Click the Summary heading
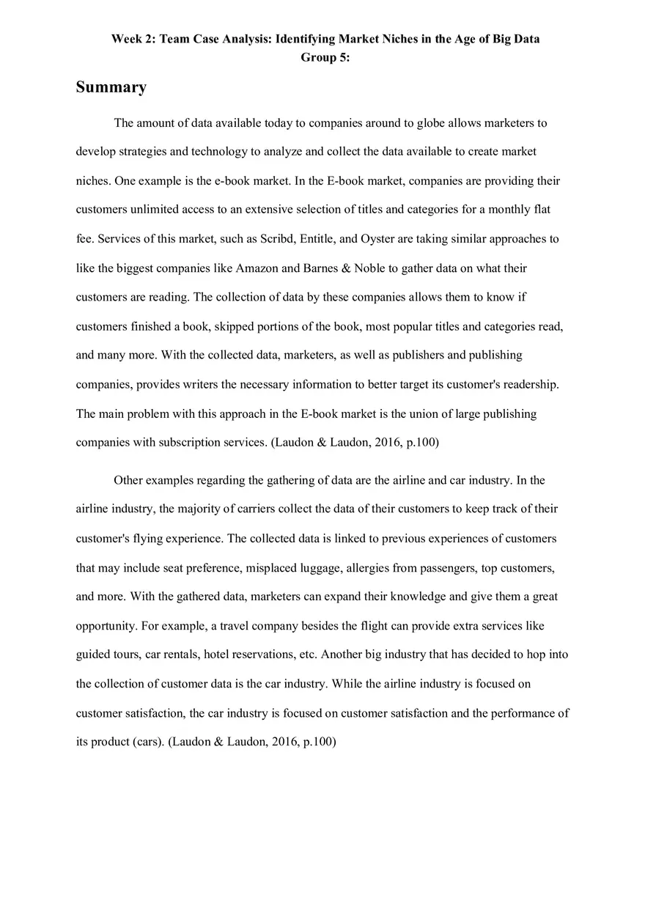point(111,87)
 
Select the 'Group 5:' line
point(325,57)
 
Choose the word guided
point(93,655)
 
